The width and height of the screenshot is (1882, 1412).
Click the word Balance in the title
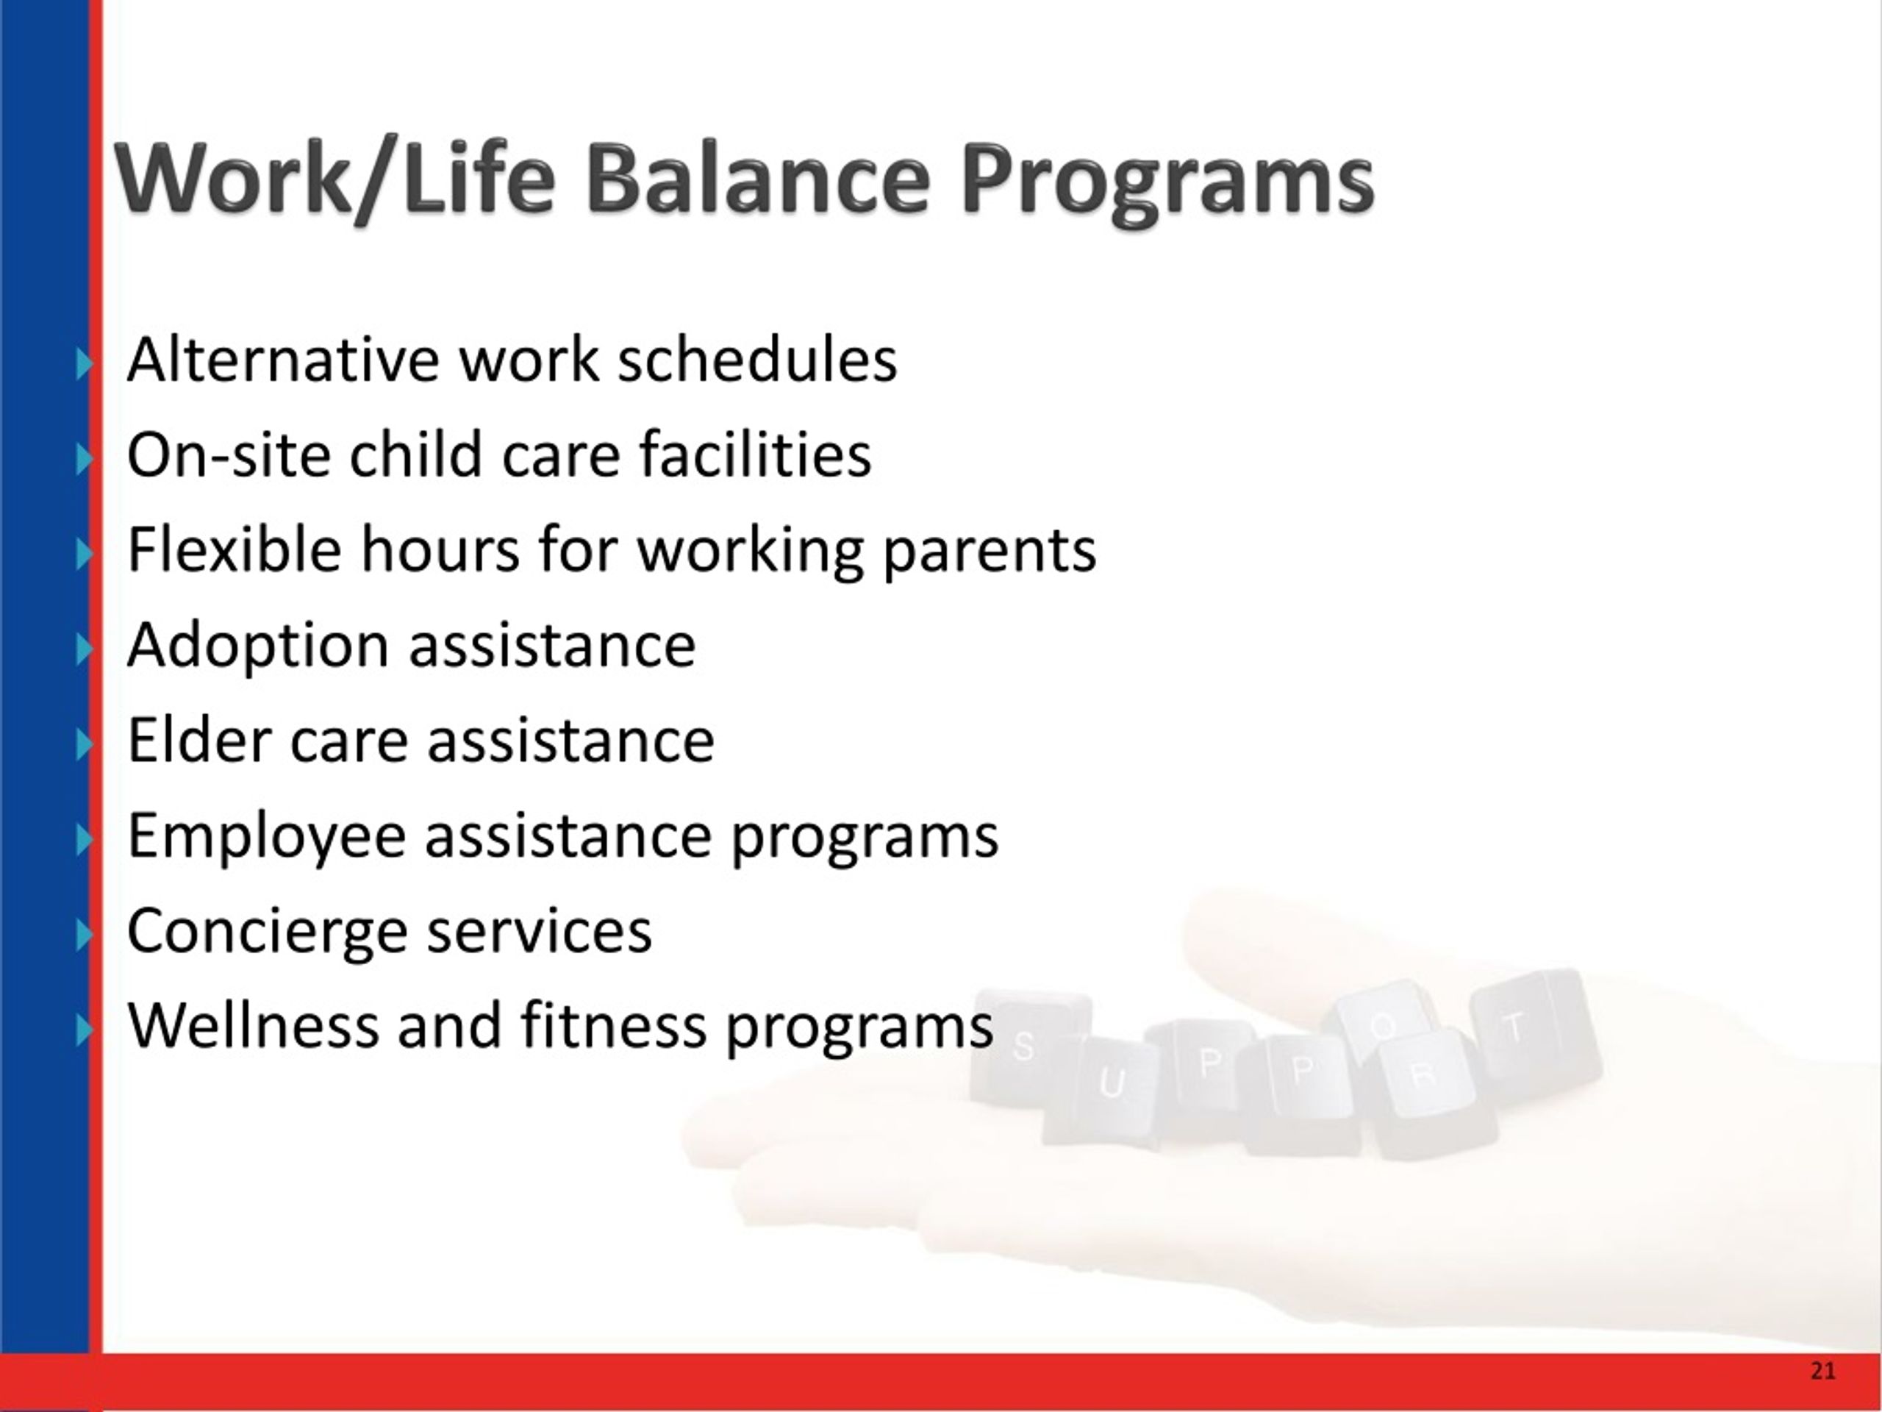[x=757, y=179]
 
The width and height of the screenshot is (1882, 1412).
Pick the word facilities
[x=756, y=454]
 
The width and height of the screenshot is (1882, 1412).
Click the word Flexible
[x=234, y=550]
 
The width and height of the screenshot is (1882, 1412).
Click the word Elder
[x=199, y=740]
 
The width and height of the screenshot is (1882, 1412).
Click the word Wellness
[x=253, y=1024]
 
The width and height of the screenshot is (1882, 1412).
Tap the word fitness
[x=612, y=1024]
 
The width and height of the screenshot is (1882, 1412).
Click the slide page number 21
[x=1822, y=1370]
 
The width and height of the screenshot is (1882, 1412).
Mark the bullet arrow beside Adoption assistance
[x=83, y=650]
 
